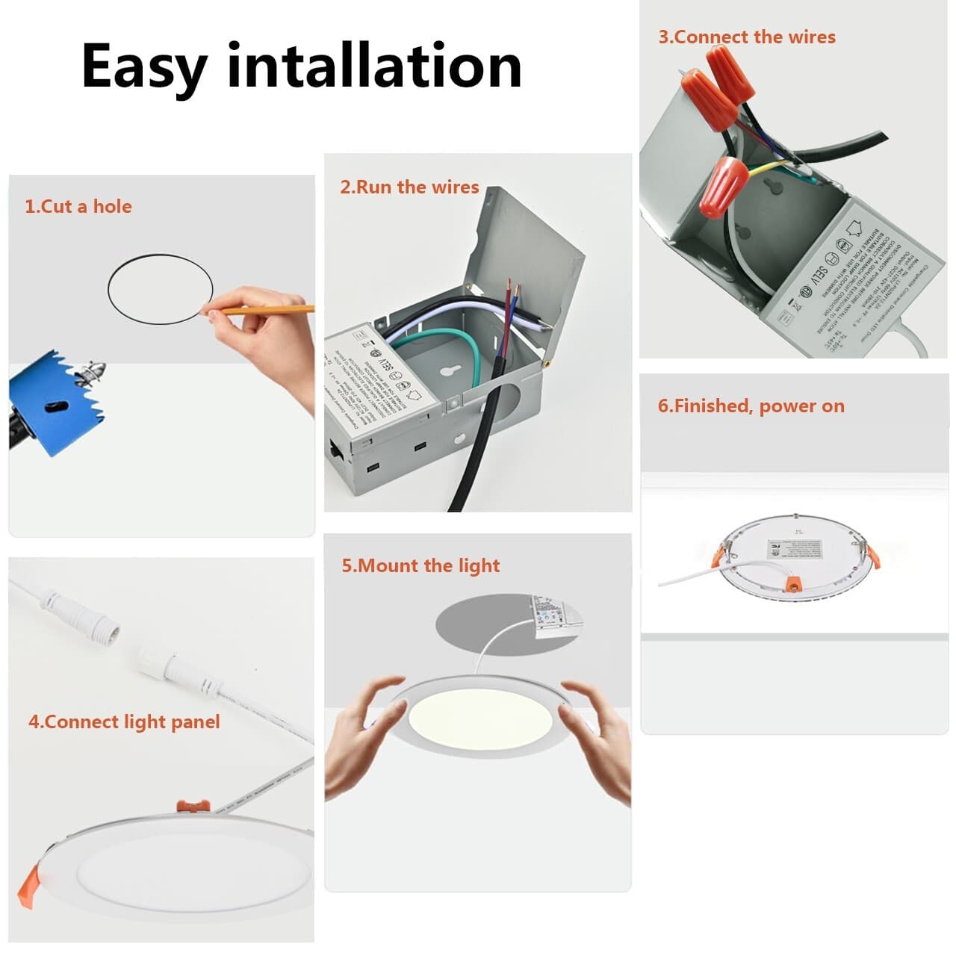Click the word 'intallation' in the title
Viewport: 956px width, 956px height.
[373, 66]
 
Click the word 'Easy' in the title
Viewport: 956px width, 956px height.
[143, 67]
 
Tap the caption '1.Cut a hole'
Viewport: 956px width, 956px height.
[78, 207]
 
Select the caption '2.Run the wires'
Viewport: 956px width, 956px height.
[409, 187]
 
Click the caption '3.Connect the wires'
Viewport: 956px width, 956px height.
[746, 37]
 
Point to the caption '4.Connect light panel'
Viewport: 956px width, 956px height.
[124, 721]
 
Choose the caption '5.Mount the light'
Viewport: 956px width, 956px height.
[420, 565]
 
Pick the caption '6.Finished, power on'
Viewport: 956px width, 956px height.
[751, 406]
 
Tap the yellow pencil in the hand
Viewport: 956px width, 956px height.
[269, 308]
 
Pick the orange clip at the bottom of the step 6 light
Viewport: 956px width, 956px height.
[792, 581]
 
